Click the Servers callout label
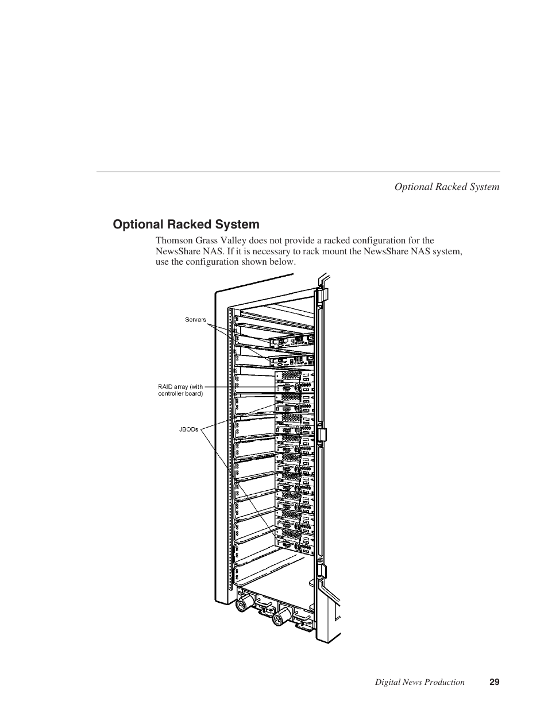pos(195,320)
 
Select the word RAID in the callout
pos(165,387)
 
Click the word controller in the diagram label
pos(171,394)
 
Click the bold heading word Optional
pos(137,224)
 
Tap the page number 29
pos(495,682)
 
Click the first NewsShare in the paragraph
pos(178,251)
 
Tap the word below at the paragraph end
pos(284,262)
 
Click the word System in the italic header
pos(484,187)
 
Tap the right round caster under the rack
pos(280,618)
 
